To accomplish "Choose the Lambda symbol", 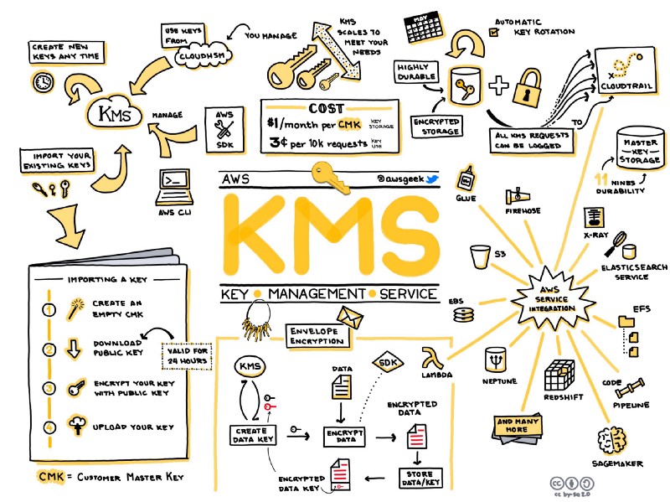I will pyautogui.click(x=433, y=359).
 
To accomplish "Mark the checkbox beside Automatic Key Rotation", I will pyautogui.click(x=494, y=31).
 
